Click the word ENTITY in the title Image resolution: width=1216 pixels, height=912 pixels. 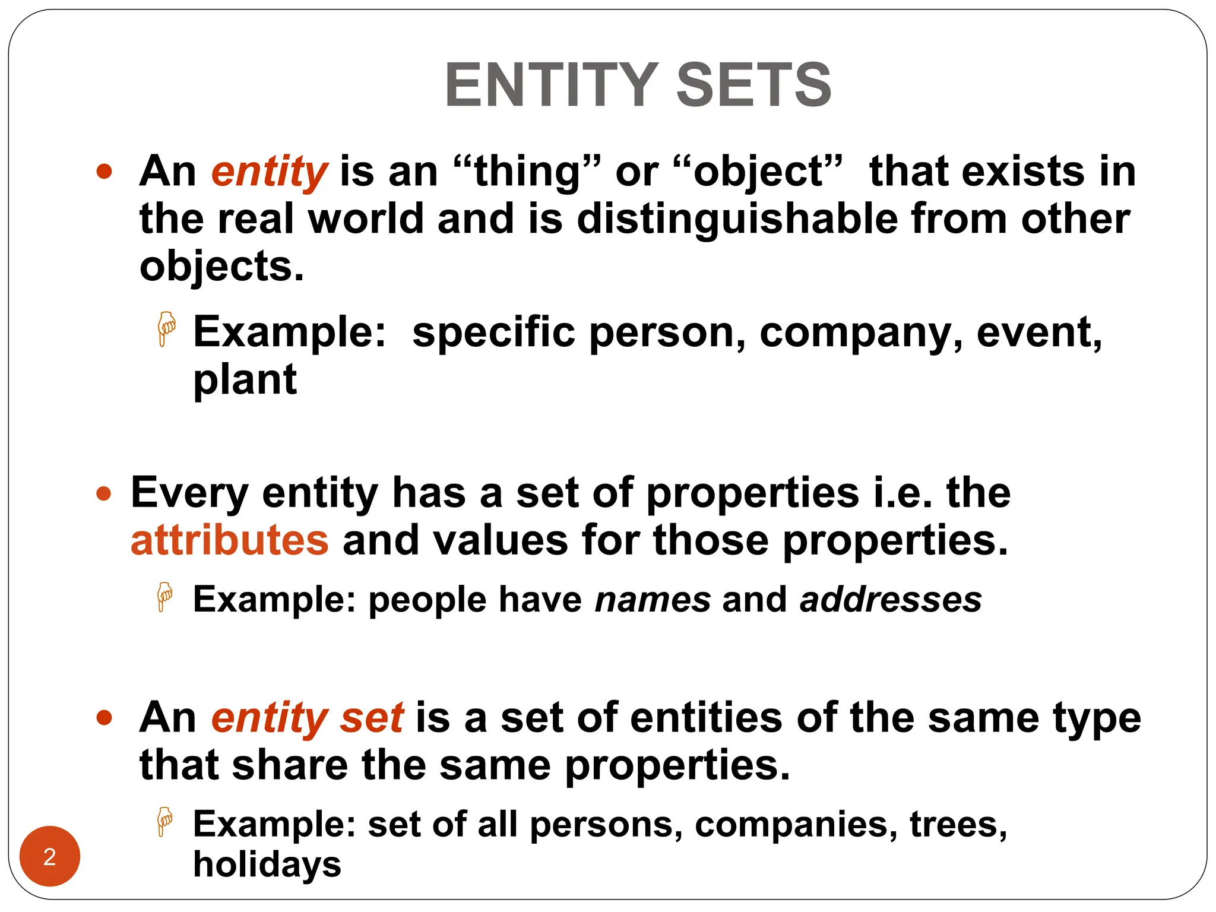tap(551, 85)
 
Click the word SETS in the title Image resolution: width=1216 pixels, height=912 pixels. tap(753, 85)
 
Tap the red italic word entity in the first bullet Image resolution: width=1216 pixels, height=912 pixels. tap(269, 172)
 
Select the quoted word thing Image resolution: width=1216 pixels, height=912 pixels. tap(527, 172)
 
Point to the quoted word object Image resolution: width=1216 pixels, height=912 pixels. tap(758, 172)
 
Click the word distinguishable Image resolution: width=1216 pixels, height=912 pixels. tap(737, 219)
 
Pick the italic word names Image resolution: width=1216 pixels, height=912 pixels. tap(653, 599)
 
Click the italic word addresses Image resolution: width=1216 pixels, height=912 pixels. tap(891, 599)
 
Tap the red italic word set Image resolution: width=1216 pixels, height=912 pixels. tap(372, 717)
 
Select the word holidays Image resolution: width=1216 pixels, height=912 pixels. tap(267, 864)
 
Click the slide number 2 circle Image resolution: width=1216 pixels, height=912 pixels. tap(50, 856)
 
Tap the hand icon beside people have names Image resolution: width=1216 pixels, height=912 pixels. tap(164, 596)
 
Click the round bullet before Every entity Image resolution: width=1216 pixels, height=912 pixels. tap(104, 493)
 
